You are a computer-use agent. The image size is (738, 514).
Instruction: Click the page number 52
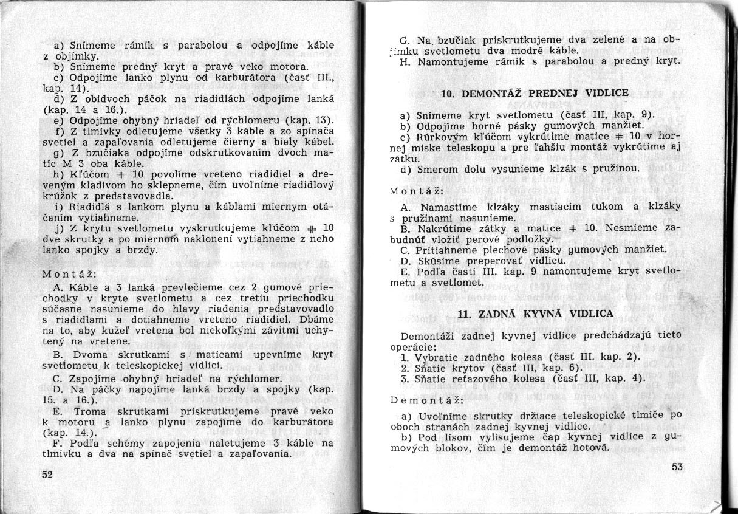(47, 475)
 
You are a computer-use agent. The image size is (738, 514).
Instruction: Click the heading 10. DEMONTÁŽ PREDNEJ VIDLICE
(535, 94)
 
